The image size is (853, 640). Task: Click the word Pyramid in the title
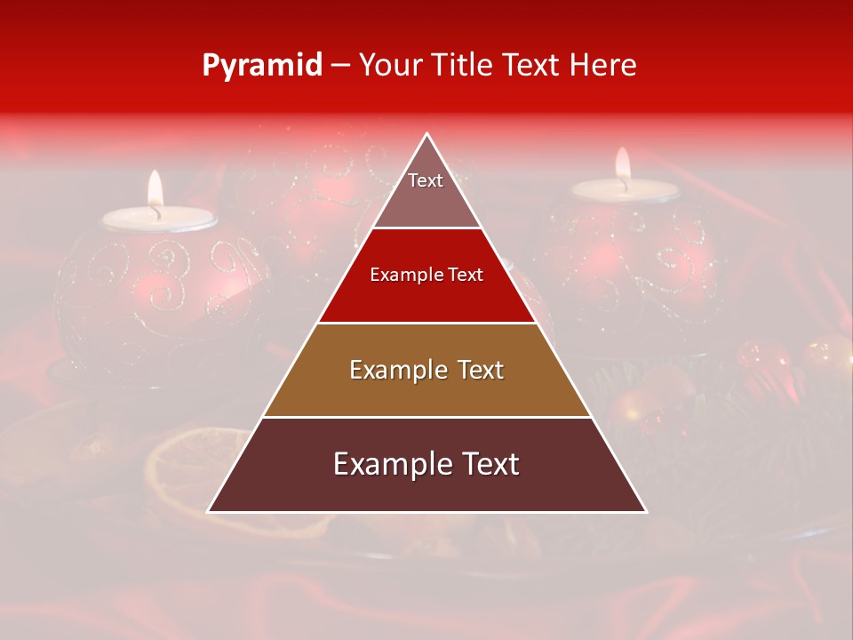pyautogui.click(x=261, y=66)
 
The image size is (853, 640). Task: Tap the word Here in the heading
pyautogui.click(x=603, y=65)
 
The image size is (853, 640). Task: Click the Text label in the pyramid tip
pyautogui.click(x=426, y=180)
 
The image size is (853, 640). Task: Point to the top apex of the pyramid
pyautogui.click(x=427, y=134)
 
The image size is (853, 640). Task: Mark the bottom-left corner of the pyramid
pyautogui.click(x=209, y=511)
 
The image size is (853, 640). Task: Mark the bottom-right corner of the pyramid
pyautogui.click(x=646, y=511)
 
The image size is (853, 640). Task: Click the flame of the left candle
pyautogui.click(x=155, y=188)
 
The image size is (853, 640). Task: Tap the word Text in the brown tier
pyautogui.click(x=477, y=370)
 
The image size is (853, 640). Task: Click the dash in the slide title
pyautogui.click(x=340, y=66)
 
